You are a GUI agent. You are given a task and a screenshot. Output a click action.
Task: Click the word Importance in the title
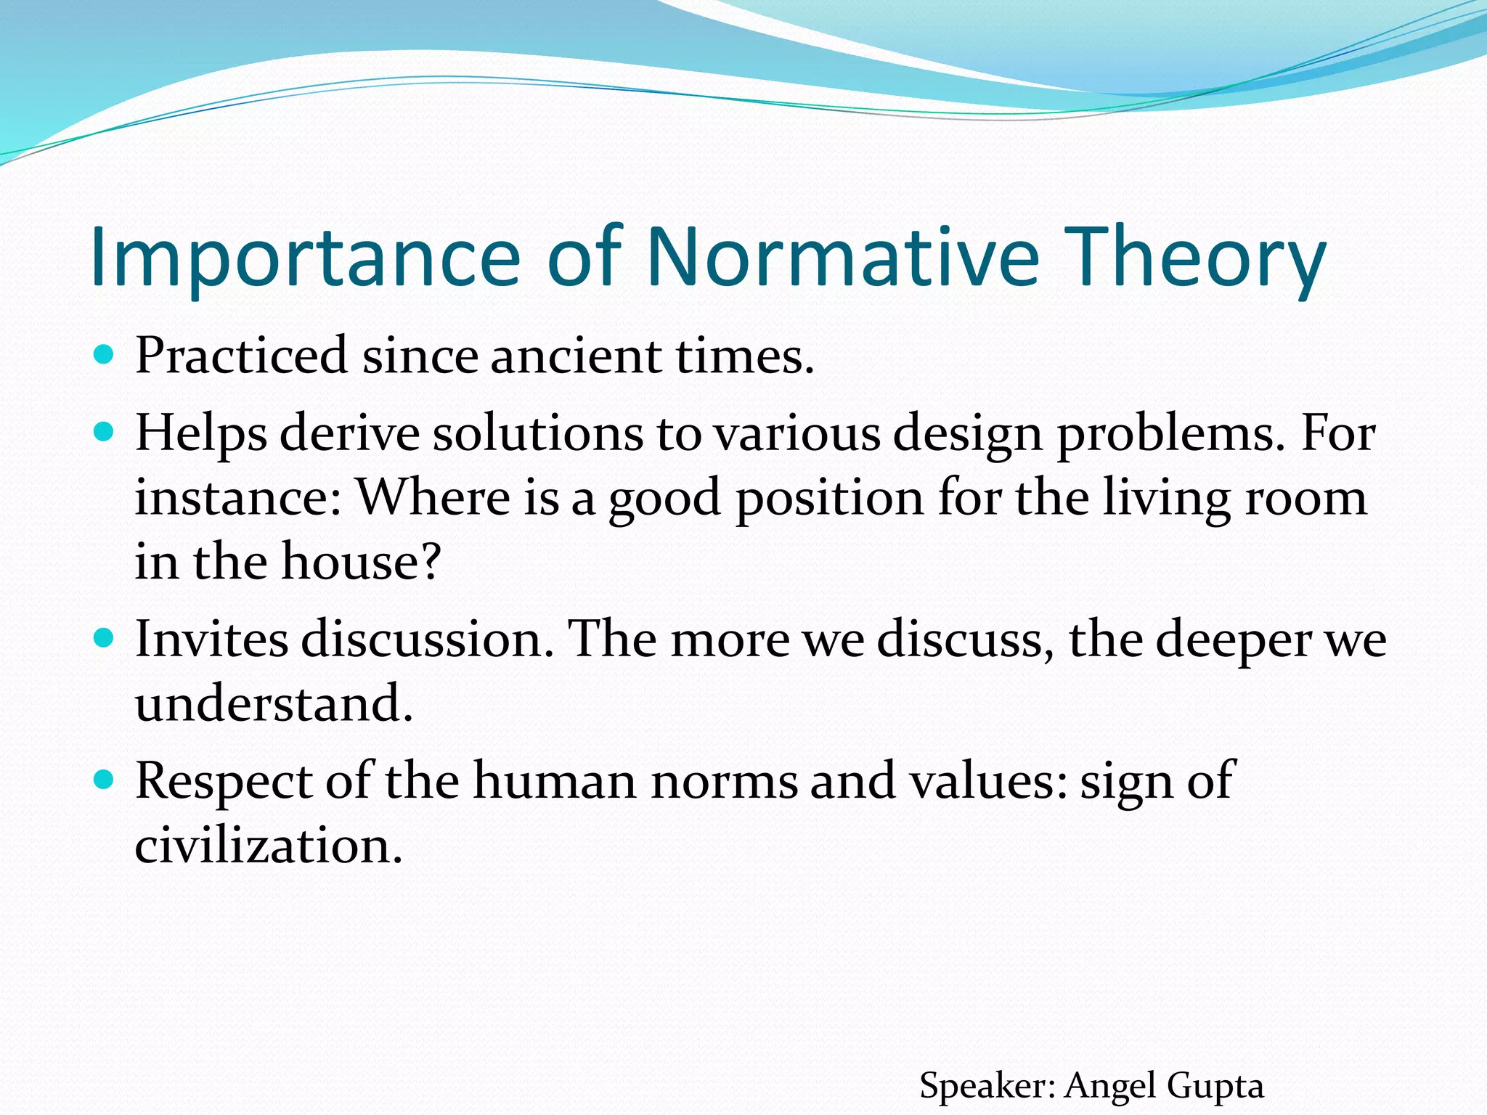tap(305, 258)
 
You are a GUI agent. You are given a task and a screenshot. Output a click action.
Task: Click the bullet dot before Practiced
tap(105, 355)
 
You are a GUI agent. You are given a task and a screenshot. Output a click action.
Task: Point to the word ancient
tap(576, 357)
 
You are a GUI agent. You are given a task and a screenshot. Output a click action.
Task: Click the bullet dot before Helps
tap(105, 433)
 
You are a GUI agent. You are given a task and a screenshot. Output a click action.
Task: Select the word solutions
tap(537, 434)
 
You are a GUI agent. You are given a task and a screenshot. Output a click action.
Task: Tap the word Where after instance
tap(434, 498)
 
